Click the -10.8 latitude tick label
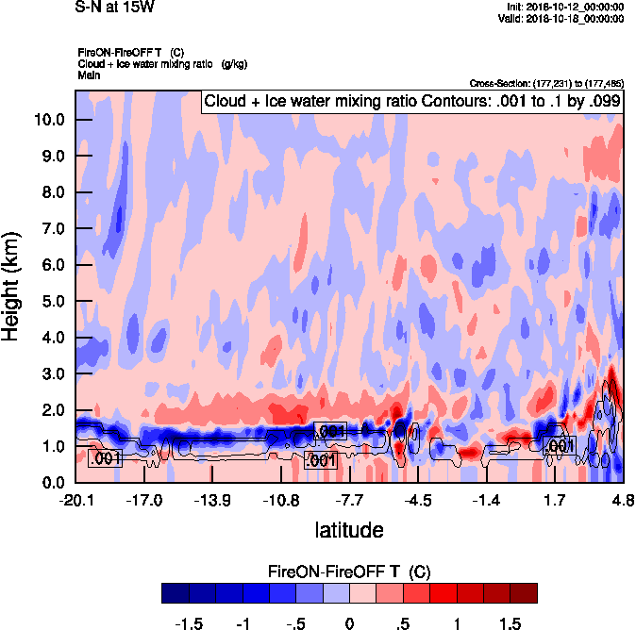(281, 500)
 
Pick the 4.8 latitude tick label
(622, 500)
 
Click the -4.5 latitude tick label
(418, 500)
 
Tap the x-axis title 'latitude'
(349, 530)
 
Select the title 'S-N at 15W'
(114, 7)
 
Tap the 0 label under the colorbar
(349, 623)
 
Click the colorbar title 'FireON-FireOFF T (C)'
(349, 572)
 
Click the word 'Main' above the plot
(89, 75)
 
